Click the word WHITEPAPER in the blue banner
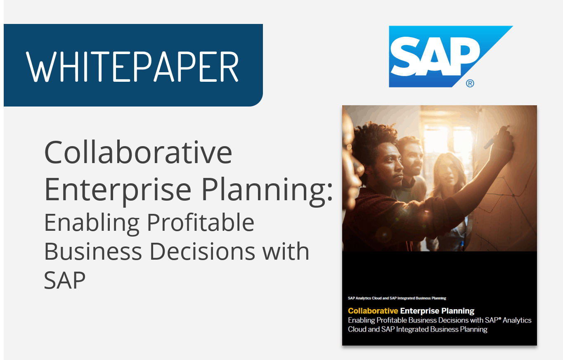point(132,66)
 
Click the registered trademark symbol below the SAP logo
point(470,83)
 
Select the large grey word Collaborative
point(138,152)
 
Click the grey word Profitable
point(201,223)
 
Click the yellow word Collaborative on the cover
point(373,311)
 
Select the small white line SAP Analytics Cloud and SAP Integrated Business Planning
point(397,298)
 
